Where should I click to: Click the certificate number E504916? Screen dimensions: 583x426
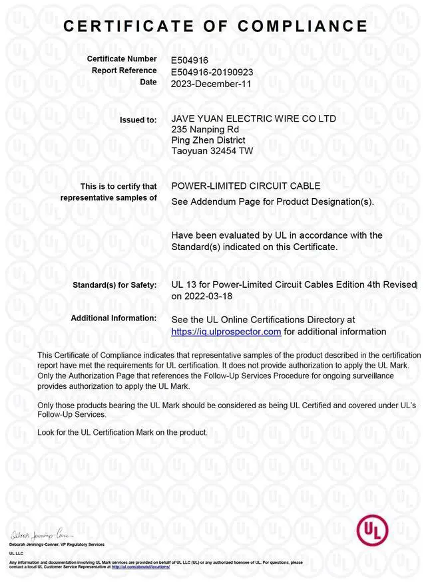[x=190, y=60]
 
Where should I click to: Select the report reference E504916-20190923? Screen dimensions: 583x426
[x=212, y=71]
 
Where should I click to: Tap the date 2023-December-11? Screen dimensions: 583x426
[x=212, y=83]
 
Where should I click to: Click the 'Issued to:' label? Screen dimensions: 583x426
[x=138, y=120]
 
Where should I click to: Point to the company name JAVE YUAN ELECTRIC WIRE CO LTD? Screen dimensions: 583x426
[x=254, y=118]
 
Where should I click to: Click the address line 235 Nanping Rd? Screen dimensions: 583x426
[x=205, y=129]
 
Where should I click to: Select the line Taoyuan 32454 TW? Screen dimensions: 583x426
[x=212, y=151]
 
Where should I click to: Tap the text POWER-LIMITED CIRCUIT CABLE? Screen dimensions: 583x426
[x=246, y=185]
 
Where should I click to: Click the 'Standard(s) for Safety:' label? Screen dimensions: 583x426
[x=114, y=286]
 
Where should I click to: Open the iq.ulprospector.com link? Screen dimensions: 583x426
[x=226, y=331]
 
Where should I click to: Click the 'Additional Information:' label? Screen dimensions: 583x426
[x=114, y=318]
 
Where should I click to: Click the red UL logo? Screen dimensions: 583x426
[x=374, y=531]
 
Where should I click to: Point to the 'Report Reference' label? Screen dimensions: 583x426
[x=123, y=70]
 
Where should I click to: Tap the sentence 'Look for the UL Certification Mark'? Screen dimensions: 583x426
[x=122, y=432]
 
